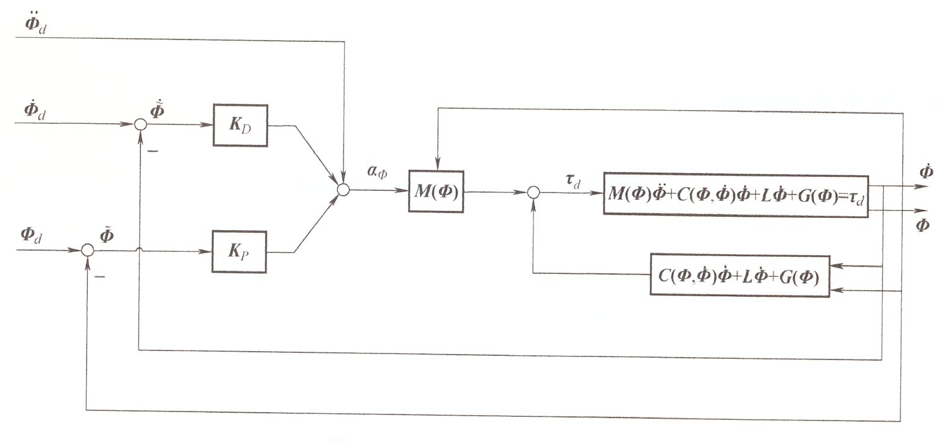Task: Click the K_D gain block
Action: (240, 126)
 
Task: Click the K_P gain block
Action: (239, 252)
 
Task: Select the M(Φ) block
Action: (436, 191)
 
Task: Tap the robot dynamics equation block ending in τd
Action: (736, 195)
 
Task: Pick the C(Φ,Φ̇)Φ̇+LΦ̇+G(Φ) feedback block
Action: (740, 276)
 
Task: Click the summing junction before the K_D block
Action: (140, 124)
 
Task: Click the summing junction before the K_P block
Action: (87, 250)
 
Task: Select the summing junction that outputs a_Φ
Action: (343, 190)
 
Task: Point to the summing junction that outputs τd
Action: (534, 193)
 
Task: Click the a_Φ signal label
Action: (377, 172)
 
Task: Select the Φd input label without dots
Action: (32, 235)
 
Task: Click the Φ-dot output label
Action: (926, 170)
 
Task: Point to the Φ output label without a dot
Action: (922, 226)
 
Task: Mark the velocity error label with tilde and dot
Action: (157, 109)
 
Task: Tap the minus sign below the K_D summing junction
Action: (153, 151)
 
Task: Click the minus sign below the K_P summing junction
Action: (100, 277)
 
